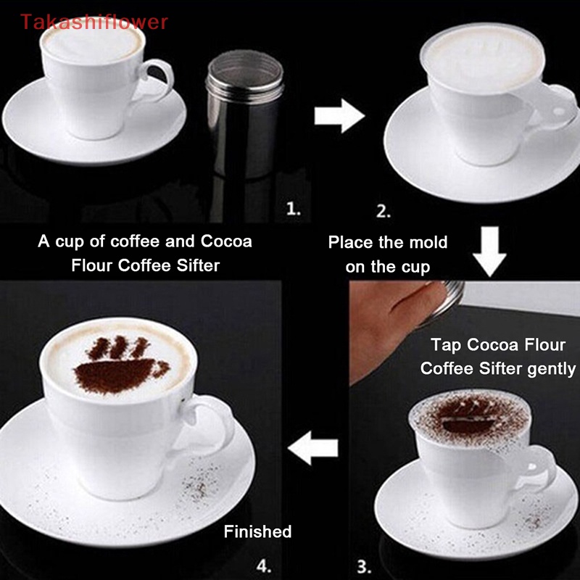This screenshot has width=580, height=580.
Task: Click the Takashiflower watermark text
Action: [94, 22]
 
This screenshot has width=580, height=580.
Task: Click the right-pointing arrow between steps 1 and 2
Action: [339, 115]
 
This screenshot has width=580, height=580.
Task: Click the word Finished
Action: [257, 531]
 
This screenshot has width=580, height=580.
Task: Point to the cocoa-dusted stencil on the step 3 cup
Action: [464, 420]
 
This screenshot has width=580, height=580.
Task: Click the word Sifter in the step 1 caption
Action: [192, 265]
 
